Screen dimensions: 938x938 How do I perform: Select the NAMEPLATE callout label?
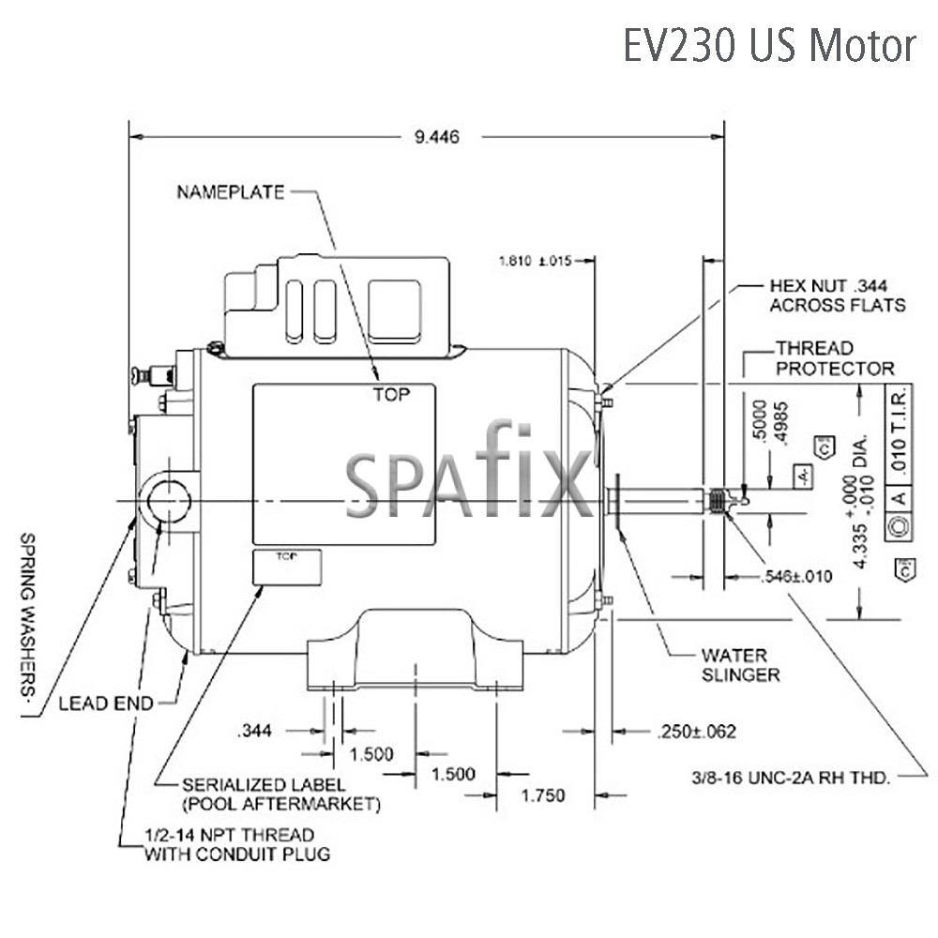click(230, 192)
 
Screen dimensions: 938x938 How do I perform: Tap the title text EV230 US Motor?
click(769, 45)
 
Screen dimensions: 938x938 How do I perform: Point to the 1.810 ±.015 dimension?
click(535, 260)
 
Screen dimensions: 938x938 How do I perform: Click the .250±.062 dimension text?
click(693, 731)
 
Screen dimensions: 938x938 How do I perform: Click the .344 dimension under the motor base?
click(256, 730)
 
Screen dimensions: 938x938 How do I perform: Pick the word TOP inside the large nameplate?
click(391, 395)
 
